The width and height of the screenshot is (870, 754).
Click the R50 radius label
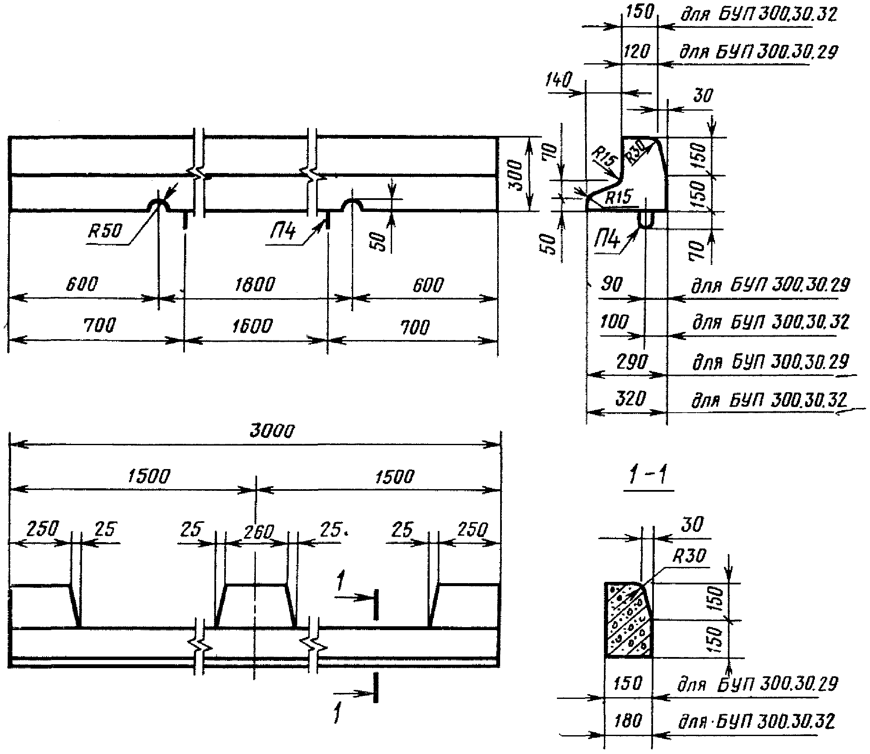(105, 232)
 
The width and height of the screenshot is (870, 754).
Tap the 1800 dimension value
(255, 284)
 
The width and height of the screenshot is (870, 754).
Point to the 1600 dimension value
(252, 326)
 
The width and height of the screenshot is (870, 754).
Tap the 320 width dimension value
(630, 399)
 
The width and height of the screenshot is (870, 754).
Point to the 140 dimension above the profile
(558, 80)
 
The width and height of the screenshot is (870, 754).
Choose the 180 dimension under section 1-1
(628, 721)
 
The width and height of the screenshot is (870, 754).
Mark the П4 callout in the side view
(282, 233)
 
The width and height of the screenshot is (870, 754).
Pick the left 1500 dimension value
(148, 476)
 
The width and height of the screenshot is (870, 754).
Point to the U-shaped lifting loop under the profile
(646, 220)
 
